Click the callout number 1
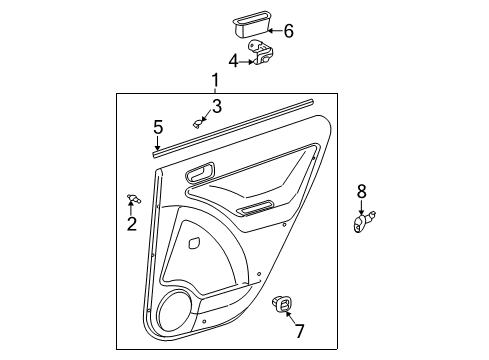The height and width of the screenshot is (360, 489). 214,81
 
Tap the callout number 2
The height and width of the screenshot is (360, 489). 131,224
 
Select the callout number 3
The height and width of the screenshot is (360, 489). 216,106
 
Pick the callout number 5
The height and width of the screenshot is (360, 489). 157,127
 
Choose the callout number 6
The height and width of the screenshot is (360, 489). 288,31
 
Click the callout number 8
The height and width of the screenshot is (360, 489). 362,189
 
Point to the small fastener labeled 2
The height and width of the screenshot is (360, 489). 134,199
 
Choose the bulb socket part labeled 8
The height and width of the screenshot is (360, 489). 364,222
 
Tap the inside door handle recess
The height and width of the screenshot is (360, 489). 199,174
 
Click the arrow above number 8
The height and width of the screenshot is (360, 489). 362,206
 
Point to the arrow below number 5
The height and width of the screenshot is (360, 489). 157,143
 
